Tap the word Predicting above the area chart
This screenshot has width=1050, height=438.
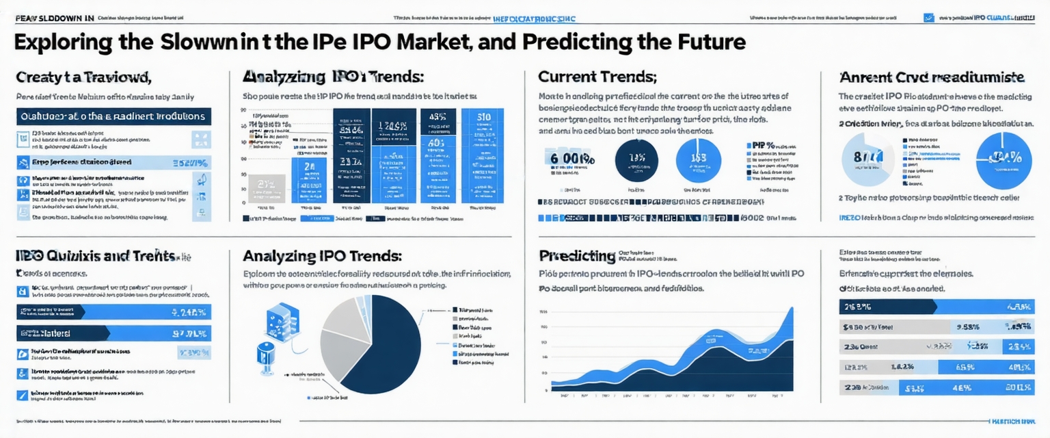[578, 256]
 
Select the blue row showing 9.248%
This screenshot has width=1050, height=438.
[113, 313]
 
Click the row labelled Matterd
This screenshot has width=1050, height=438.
[113, 333]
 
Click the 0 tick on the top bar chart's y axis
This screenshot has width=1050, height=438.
[245, 203]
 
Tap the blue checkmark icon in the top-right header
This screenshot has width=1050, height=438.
[928, 18]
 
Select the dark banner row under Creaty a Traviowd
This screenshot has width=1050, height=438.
[113, 116]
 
